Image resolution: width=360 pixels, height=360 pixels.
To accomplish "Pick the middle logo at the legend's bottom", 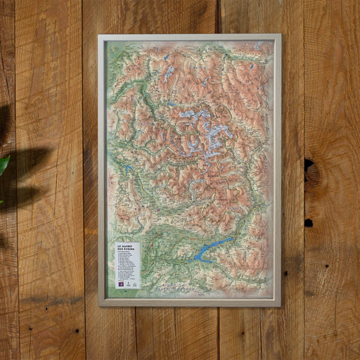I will [x=127, y=283].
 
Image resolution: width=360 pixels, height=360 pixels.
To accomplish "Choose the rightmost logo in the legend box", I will [x=134, y=283].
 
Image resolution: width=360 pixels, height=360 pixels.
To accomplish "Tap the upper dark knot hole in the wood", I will [x=309, y=166].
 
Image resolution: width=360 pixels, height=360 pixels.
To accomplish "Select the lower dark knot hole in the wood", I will [x=309, y=223].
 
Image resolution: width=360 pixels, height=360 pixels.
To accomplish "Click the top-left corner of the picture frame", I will [x=99, y=35].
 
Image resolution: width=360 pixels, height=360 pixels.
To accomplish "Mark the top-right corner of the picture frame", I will [x=280, y=35].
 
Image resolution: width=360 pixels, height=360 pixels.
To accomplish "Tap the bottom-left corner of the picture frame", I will [x=99, y=305].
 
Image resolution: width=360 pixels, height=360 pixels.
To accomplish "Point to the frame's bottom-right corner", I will [x=280, y=305].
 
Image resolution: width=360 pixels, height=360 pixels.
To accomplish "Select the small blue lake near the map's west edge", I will [x=129, y=169].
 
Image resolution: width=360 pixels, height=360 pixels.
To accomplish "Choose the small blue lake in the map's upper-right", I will [x=250, y=67].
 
